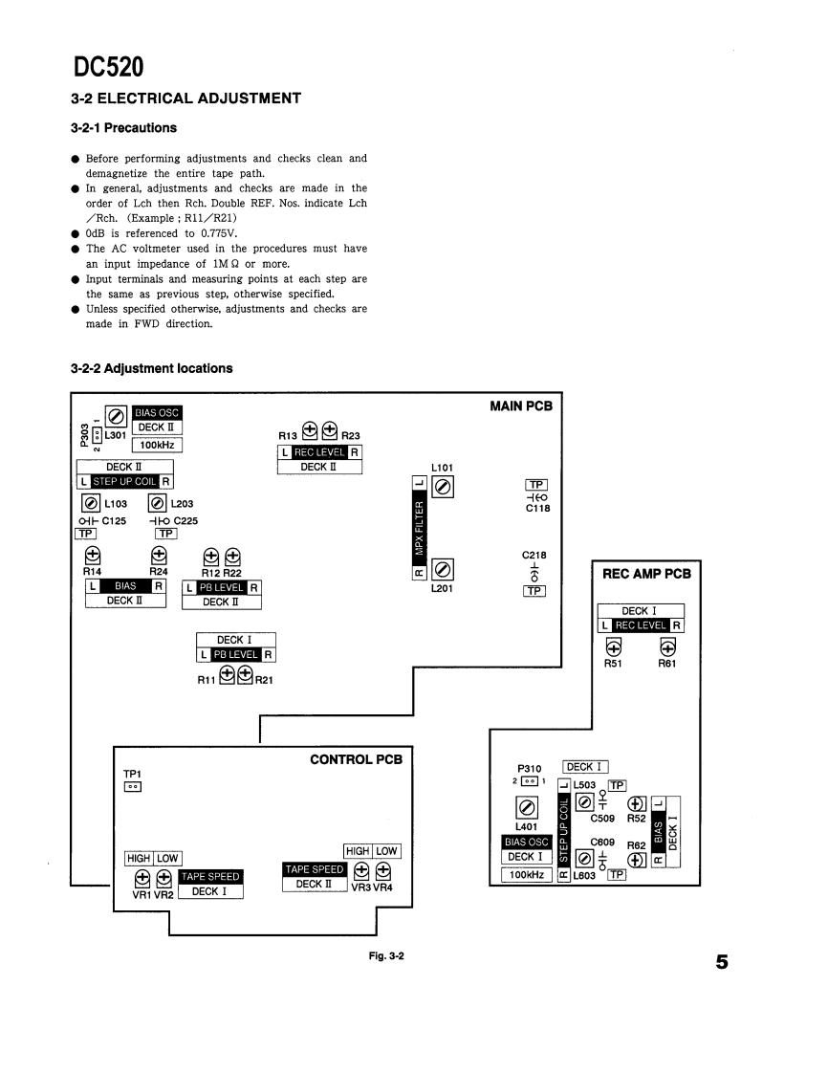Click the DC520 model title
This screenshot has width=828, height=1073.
click(109, 68)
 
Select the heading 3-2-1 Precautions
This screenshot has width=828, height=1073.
click(123, 127)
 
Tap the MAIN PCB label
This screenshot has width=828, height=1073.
click(520, 405)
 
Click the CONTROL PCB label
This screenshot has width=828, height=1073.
click(356, 759)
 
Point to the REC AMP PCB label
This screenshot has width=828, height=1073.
click(646, 575)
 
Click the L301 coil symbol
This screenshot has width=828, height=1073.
click(115, 416)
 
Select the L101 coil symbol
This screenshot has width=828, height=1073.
click(442, 488)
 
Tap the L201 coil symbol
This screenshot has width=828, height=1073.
click(442, 570)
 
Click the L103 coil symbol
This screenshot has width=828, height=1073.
click(90, 503)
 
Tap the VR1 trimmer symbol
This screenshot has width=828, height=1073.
click(142, 877)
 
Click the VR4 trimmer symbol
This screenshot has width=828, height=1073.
click(383, 870)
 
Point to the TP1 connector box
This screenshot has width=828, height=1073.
click(133, 786)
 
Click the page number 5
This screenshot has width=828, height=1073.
click(721, 961)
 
